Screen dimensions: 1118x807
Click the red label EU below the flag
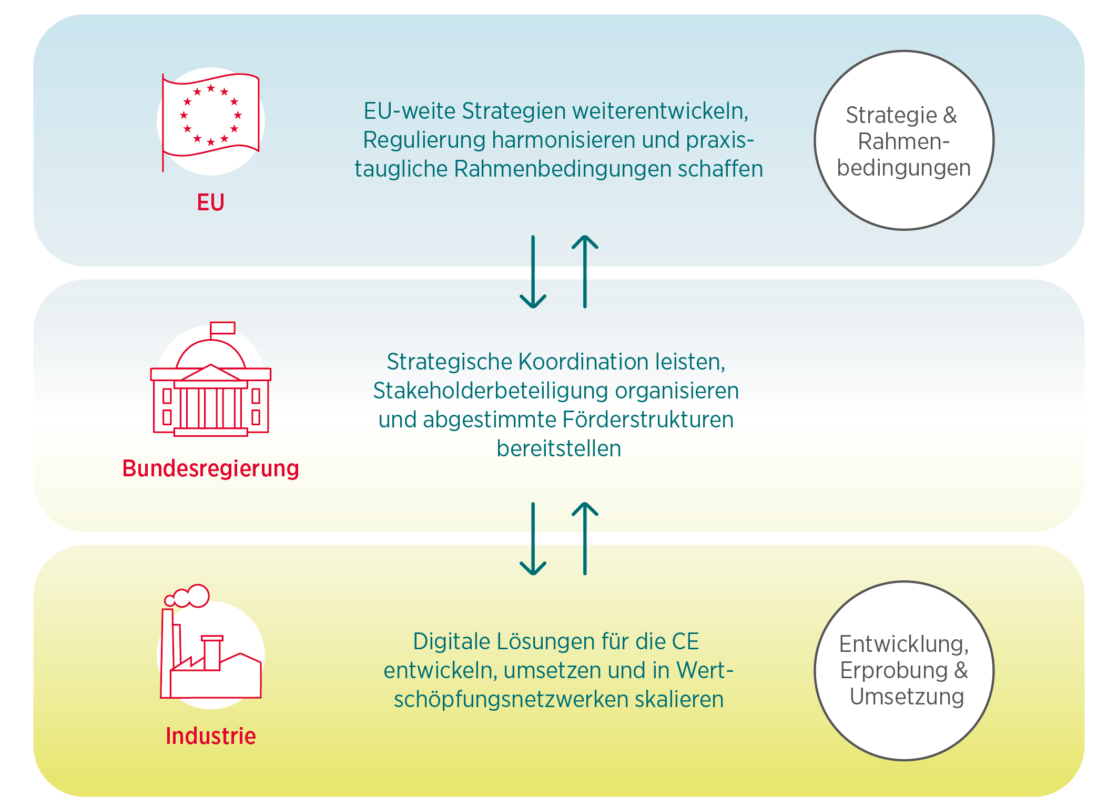(x=210, y=202)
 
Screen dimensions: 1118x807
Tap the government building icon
(x=211, y=379)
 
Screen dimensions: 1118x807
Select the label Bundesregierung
(x=211, y=468)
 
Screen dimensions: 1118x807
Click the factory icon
(x=211, y=641)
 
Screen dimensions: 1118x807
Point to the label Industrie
(x=211, y=736)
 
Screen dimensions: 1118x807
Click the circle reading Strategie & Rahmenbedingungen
(x=904, y=140)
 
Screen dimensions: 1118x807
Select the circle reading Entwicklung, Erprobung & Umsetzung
(x=904, y=670)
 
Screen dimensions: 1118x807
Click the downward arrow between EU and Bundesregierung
(x=533, y=272)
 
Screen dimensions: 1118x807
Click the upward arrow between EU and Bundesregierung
(x=585, y=272)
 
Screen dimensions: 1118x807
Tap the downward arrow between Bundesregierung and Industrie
(x=533, y=539)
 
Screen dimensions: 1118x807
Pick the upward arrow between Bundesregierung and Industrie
(x=585, y=539)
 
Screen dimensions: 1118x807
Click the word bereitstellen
(x=559, y=448)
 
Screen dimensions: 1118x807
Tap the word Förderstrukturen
(x=648, y=420)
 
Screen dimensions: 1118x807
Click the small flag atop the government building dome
(x=222, y=328)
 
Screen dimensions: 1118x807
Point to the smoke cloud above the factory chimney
(x=187, y=596)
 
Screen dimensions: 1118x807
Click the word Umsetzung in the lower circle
(x=907, y=697)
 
